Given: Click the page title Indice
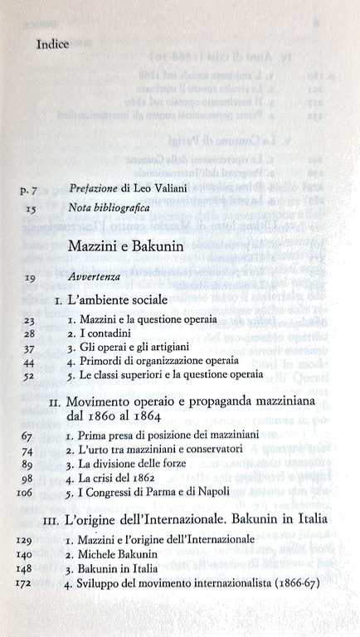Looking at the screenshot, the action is pos(53,45).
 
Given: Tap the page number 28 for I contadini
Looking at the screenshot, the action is pos(30,332).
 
